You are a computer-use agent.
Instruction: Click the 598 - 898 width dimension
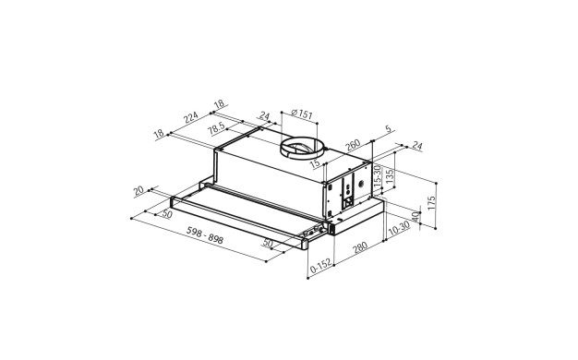205,235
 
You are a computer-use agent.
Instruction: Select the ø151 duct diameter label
302,114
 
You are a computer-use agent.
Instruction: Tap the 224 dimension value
191,117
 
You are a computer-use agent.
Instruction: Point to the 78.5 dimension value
216,128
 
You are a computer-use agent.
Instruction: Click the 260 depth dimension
353,145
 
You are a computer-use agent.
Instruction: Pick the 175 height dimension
431,203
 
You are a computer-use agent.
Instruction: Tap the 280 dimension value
360,246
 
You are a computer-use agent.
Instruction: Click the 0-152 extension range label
320,267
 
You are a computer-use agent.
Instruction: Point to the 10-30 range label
399,228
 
